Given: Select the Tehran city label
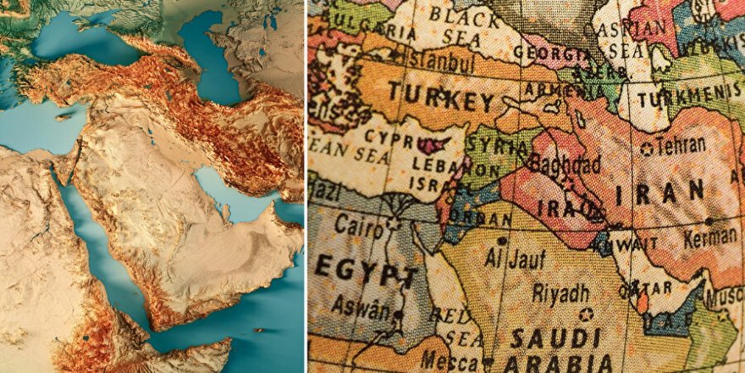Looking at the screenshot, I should coord(681,146).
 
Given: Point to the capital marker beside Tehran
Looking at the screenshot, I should coord(648,149).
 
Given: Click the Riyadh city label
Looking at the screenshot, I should coord(560,293).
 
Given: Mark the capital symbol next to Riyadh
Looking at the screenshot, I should coord(586,315).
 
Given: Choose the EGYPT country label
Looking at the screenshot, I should coord(366,274).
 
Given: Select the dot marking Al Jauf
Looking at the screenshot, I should coord(502,241).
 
